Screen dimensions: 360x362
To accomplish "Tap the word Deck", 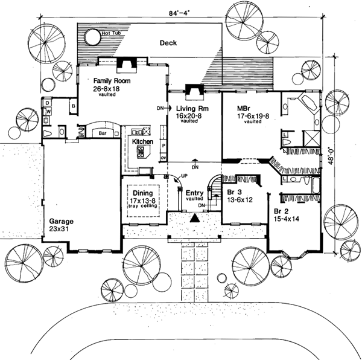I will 169,43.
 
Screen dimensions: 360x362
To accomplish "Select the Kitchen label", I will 143,142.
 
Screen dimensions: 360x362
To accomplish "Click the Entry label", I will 193,191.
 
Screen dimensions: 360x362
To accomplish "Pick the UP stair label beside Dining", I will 176,176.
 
